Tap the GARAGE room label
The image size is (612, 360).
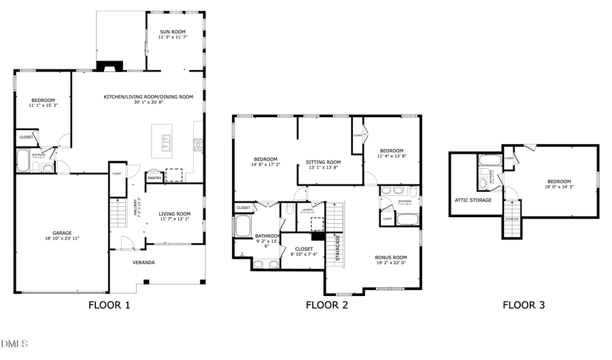(x=62, y=233)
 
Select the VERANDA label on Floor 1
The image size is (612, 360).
(x=143, y=261)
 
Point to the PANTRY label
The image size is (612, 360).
(x=154, y=178)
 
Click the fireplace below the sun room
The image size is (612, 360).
(x=109, y=67)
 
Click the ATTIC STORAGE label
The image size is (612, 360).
(x=473, y=200)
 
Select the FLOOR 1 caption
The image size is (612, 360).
(x=109, y=306)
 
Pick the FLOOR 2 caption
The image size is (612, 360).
(x=326, y=306)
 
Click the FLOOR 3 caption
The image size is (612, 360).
(x=524, y=306)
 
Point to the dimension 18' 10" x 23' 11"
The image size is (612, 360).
(x=62, y=239)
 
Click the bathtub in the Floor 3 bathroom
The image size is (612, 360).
(x=489, y=161)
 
